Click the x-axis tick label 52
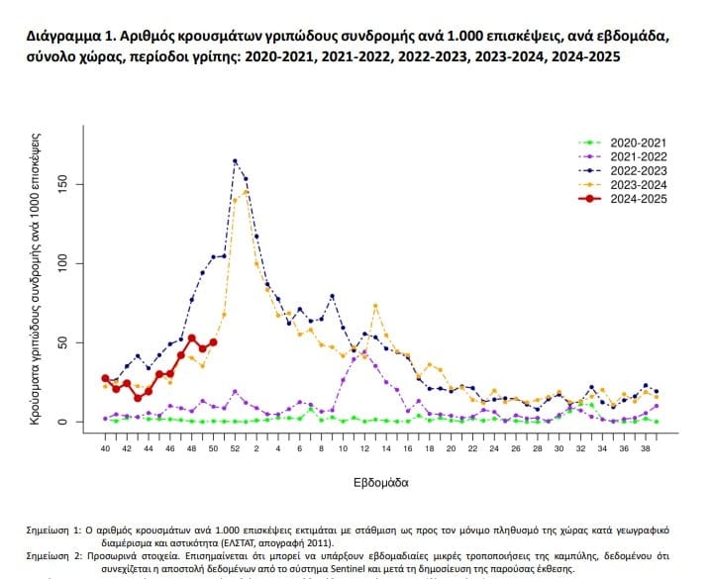point(235,448)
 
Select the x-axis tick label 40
point(106,448)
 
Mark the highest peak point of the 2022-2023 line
point(235,160)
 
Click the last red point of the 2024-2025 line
point(213,342)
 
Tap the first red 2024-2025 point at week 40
point(106,378)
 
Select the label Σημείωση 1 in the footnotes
point(57,531)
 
